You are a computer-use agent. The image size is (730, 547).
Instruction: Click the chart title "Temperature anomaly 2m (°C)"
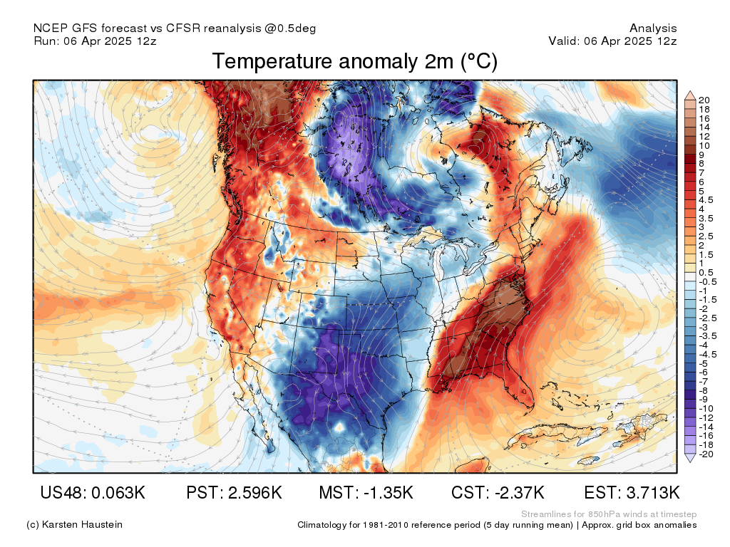point(354,62)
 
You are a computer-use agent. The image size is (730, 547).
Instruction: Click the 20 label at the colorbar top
point(704,100)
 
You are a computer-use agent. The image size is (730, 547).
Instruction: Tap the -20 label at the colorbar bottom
point(706,454)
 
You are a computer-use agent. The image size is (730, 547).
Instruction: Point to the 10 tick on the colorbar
point(704,145)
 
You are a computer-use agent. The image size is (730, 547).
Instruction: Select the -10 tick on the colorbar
point(706,408)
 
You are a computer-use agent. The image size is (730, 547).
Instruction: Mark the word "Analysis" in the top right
point(653,28)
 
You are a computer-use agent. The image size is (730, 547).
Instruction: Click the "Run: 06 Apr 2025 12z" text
point(95,41)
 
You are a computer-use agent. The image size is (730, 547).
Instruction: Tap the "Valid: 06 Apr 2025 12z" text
point(612,41)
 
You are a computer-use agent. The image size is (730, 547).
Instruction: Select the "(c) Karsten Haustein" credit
point(74,525)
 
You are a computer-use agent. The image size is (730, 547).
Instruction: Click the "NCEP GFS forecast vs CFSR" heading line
point(175,28)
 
